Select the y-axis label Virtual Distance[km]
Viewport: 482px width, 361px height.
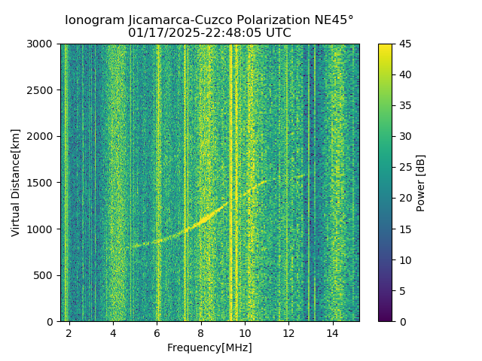click(x=16, y=183)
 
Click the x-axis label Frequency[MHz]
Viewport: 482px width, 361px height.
click(x=209, y=347)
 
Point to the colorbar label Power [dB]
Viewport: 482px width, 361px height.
click(x=421, y=183)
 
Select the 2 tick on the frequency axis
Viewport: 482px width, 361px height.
click(x=69, y=332)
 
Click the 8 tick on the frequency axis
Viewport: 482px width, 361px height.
click(x=201, y=332)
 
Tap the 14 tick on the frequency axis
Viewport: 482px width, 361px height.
click(x=333, y=332)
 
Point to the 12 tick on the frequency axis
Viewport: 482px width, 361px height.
click(x=288, y=332)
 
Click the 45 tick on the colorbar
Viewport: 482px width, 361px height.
click(x=404, y=44)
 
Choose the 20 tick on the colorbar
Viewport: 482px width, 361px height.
click(x=404, y=198)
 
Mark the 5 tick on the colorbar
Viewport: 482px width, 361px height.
click(x=401, y=290)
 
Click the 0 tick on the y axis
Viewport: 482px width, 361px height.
click(x=50, y=321)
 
